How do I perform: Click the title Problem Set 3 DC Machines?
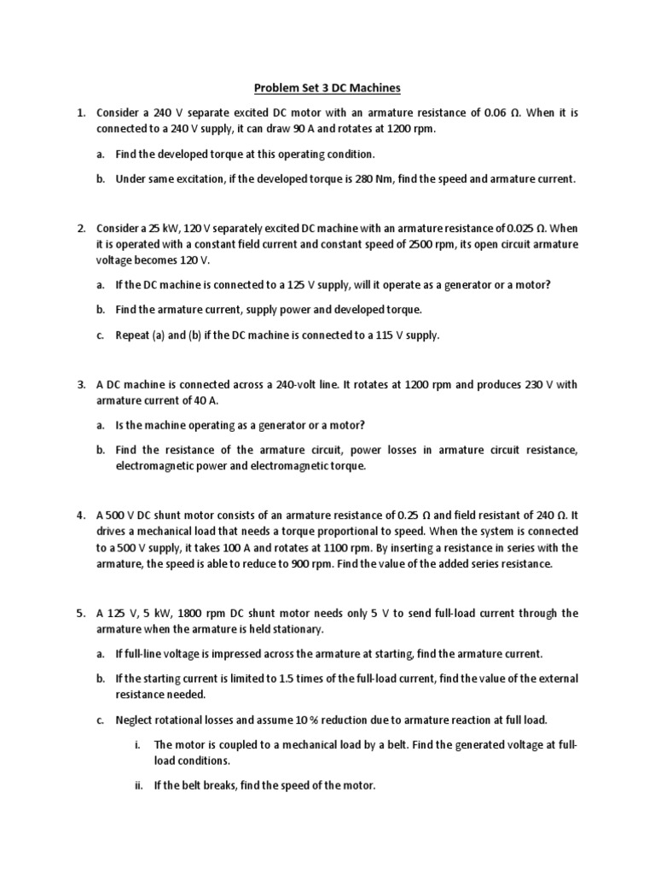pos(328,88)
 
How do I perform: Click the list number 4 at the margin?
pos(80,516)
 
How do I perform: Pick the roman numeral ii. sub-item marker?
pos(139,785)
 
